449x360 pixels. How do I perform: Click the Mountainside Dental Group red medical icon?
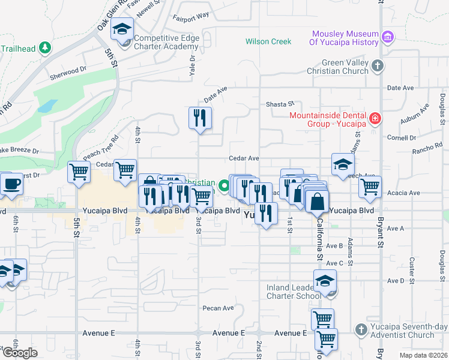coord(375,119)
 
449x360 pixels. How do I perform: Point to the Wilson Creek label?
coord(268,41)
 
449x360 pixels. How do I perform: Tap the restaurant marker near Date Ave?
coord(199,118)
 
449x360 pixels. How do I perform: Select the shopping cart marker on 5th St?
coord(79,173)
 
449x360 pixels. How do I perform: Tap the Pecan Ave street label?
coord(218,308)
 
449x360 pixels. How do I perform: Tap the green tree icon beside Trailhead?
coord(44,47)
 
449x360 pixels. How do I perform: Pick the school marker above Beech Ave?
coord(343,164)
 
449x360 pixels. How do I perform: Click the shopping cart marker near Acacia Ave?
coord(370,187)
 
